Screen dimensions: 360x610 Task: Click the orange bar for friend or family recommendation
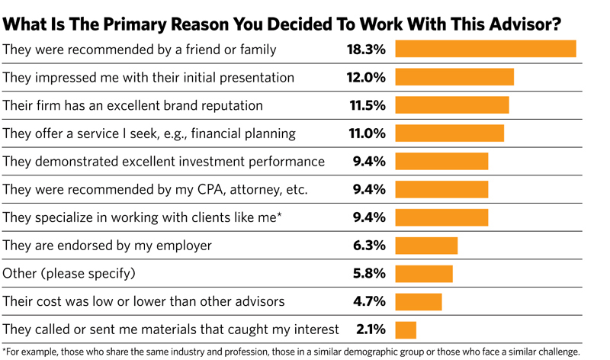click(485, 50)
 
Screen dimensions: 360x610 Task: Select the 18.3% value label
click(367, 50)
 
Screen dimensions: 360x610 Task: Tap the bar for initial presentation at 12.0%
click(454, 78)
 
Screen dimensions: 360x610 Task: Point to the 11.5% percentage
click(368, 106)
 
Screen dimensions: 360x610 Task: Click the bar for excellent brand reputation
click(451, 106)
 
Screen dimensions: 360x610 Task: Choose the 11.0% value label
click(368, 133)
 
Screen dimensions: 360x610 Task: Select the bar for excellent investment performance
click(441, 162)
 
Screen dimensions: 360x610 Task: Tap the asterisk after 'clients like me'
click(279, 216)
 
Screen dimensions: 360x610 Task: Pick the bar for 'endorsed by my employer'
click(425, 246)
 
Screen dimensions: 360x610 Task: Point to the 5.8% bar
click(423, 274)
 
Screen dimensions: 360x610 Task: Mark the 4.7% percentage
click(369, 301)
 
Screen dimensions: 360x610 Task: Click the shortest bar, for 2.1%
click(405, 329)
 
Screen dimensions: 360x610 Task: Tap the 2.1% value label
click(371, 329)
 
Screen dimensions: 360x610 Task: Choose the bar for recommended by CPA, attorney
click(441, 190)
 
